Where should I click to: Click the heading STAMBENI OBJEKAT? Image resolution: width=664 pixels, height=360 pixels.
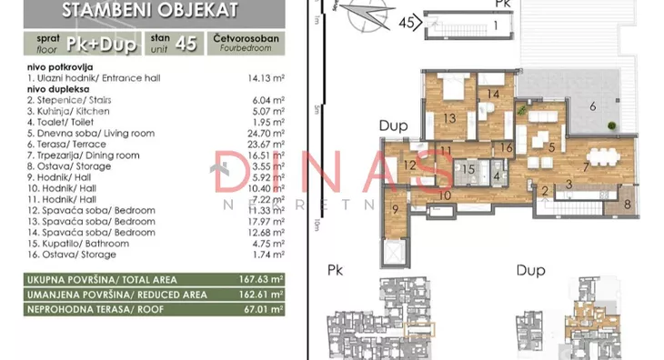click(150, 12)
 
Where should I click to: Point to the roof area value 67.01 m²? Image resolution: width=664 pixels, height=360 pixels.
click(265, 309)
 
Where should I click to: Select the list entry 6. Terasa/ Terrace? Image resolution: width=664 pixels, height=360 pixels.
click(73, 144)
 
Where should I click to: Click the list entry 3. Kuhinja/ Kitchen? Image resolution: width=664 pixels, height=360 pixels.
click(73, 110)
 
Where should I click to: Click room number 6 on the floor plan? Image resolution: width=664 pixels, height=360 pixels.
click(592, 106)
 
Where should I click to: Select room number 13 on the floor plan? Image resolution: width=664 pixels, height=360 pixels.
click(448, 117)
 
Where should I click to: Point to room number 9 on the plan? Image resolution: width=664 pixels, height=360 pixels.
click(396, 208)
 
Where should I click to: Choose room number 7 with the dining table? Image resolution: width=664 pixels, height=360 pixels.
click(587, 165)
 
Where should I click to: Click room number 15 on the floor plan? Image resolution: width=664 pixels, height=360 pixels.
click(468, 168)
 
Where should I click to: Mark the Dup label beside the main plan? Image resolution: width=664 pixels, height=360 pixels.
click(393, 127)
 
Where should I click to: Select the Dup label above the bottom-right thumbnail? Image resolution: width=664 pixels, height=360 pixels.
click(529, 270)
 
